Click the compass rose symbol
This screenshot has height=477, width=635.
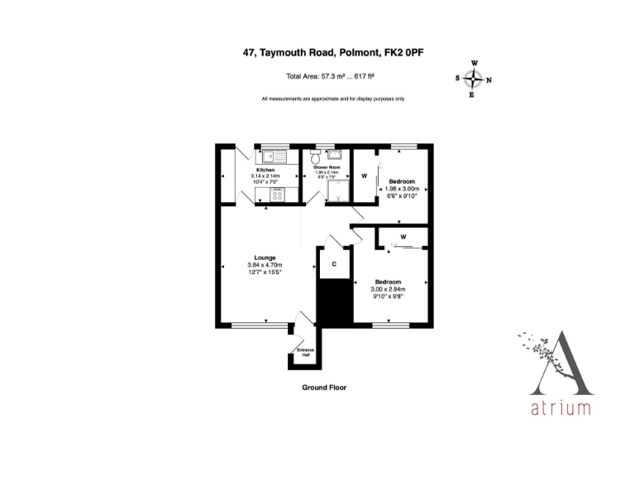tap(473, 79)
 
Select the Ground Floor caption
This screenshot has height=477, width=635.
tap(324, 387)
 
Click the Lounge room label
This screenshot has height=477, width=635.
tap(265, 258)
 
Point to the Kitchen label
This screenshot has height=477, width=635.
tap(265, 170)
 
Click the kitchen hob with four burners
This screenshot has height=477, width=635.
tap(278, 195)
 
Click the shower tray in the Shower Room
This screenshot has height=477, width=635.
tap(337, 193)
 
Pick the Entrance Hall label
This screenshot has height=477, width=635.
tap(305, 354)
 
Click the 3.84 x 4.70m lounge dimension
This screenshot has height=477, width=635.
tap(265, 265)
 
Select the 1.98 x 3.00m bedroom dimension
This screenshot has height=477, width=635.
tap(403, 189)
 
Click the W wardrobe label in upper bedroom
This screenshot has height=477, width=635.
tap(364, 176)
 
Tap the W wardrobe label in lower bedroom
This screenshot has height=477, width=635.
tap(403, 237)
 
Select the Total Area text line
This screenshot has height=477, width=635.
tap(331, 77)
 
